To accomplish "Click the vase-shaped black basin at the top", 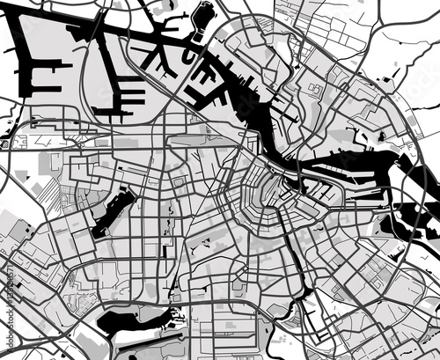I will pos(205,16).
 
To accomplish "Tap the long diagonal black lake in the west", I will pos(112,212).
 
